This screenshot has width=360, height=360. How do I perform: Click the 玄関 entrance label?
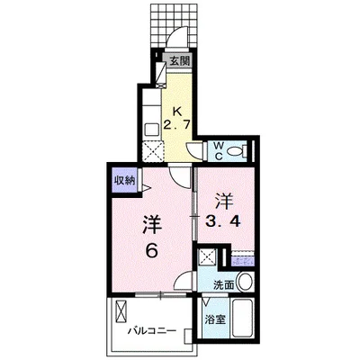click(180, 61)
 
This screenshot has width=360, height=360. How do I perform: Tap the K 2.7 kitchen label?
click(177, 118)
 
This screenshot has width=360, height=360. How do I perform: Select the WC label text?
click(218, 151)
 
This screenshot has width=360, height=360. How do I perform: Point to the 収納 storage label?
click(124, 181)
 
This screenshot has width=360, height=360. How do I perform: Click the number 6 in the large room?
click(152, 251)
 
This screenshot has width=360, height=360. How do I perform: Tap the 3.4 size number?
click(222, 221)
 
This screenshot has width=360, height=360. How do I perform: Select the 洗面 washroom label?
click(223, 285)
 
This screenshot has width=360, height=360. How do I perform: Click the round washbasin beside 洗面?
click(246, 282)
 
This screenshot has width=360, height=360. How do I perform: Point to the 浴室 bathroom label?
click(215, 319)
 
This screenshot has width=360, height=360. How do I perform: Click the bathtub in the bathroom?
click(243, 319)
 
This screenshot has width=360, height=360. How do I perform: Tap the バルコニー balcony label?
click(152, 331)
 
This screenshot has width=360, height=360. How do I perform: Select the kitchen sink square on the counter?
click(151, 130)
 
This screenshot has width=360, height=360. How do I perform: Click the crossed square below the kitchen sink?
click(153, 151)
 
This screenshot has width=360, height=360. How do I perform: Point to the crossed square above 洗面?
click(207, 257)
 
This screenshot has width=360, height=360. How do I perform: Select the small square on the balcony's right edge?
click(188, 336)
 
